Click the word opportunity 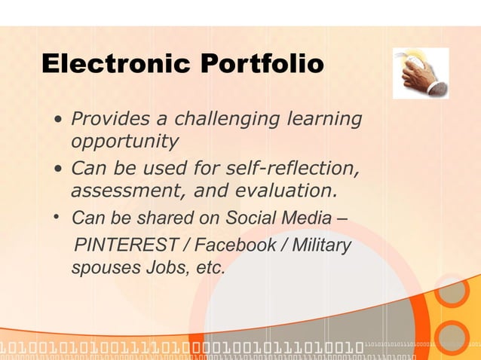pyautogui.click(x=124, y=141)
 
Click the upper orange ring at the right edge pyautogui.click(x=452, y=292)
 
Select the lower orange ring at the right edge pyautogui.click(x=453, y=336)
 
